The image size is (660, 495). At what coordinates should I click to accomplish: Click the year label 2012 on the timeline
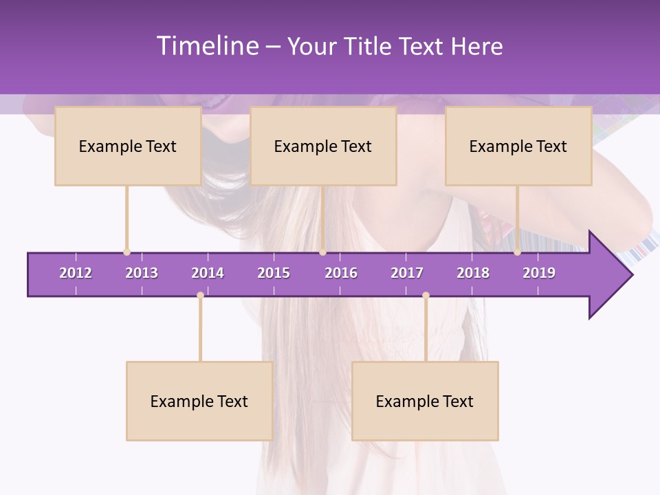click(76, 273)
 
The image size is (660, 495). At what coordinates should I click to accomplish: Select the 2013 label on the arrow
click(142, 273)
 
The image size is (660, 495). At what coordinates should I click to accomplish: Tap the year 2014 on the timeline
click(208, 273)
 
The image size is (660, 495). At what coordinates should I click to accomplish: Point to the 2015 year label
click(274, 273)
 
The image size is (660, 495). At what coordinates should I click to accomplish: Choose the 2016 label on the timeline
click(341, 273)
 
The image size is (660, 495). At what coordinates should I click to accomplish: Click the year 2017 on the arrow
click(407, 273)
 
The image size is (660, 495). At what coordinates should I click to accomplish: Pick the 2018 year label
click(473, 273)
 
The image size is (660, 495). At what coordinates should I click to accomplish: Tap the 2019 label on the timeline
click(539, 273)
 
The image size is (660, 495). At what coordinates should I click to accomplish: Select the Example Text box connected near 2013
click(128, 146)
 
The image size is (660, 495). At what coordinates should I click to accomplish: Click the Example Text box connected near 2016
click(323, 146)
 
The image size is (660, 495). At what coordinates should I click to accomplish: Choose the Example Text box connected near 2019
click(518, 146)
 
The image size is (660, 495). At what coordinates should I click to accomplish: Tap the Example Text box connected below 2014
click(199, 401)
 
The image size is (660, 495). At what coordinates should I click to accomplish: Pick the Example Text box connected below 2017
click(425, 401)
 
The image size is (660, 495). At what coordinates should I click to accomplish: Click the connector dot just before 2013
click(126, 252)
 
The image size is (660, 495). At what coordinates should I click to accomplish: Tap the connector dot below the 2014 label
click(200, 296)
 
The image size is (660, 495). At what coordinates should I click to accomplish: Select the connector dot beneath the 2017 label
click(426, 296)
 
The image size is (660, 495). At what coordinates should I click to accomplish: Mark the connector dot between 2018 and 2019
click(517, 252)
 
